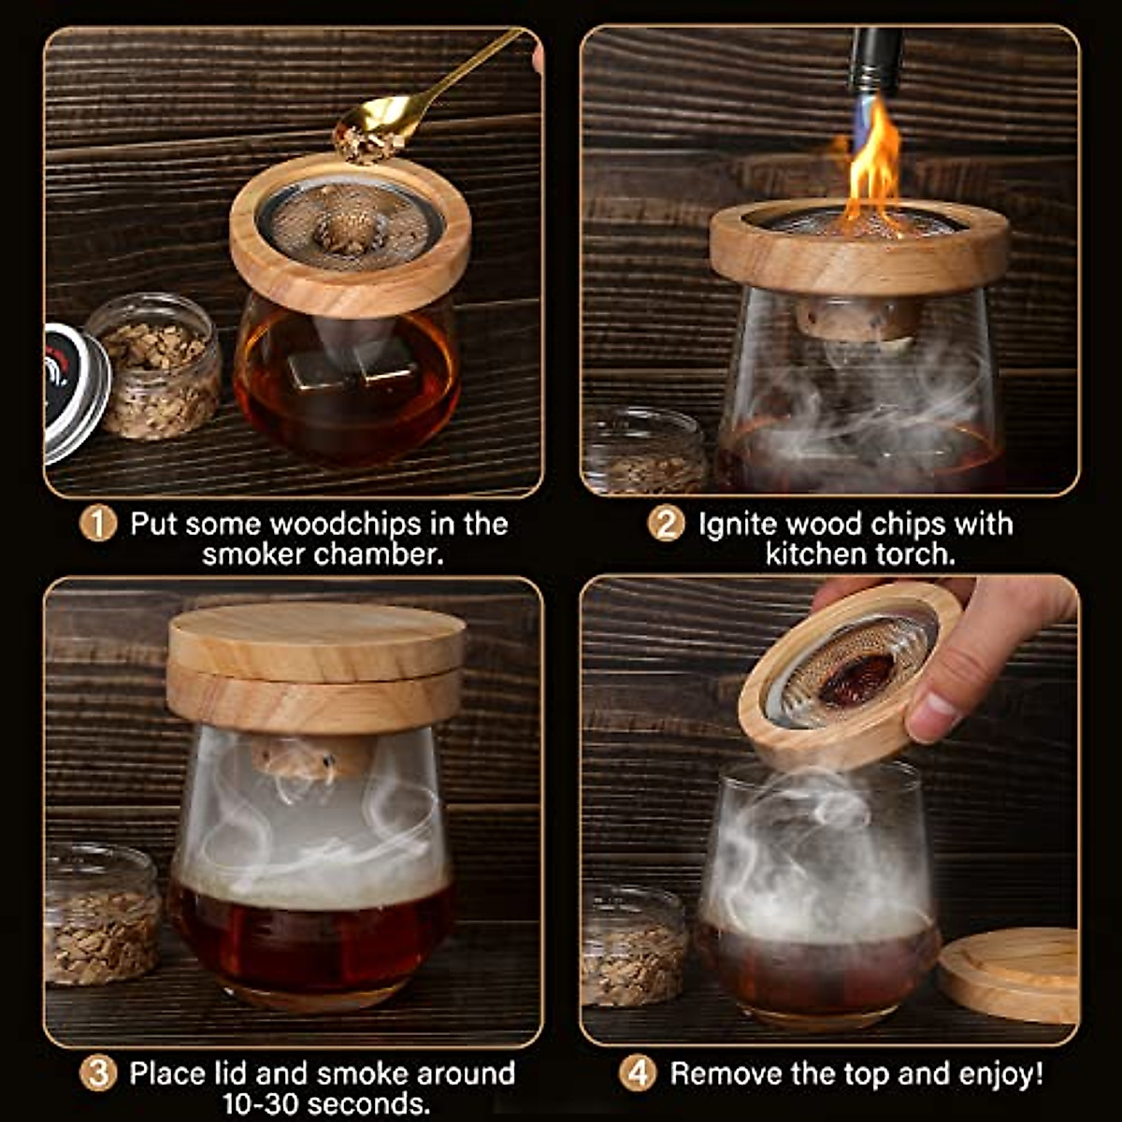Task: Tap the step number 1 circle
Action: point(97,524)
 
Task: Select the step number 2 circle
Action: point(666,524)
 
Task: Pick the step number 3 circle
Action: point(97,1073)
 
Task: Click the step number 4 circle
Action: point(638,1073)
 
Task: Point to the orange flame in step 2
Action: point(874,173)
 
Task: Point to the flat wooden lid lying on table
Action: point(1010,972)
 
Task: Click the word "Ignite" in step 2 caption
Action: point(739,524)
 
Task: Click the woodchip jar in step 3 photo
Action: point(103,916)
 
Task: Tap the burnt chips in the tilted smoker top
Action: point(856,678)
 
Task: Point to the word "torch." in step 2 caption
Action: point(912,554)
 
